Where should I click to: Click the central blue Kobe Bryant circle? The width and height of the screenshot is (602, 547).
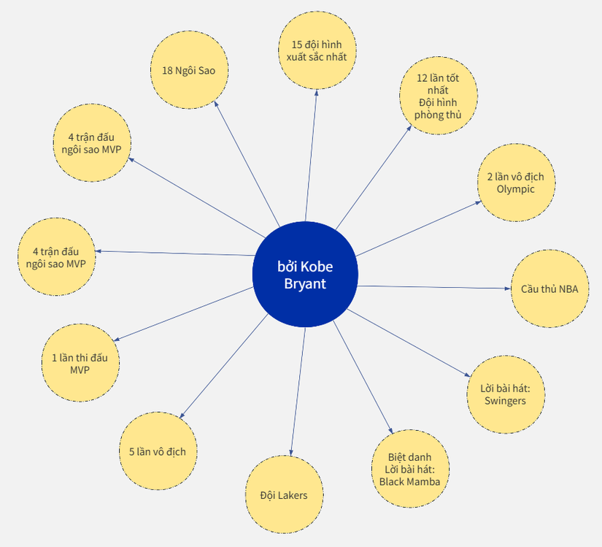[305, 275]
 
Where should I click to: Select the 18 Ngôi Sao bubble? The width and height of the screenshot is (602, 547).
[189, 70]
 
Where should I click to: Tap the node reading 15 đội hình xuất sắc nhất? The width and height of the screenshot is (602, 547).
[317, 50]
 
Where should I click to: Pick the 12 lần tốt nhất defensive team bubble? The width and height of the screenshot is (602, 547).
[439, 96]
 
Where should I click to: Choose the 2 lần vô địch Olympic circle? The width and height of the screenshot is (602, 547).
[517, 183]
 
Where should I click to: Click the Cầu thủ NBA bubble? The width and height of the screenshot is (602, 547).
[549, 288]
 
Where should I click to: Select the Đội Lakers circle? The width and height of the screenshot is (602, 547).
[284, 494]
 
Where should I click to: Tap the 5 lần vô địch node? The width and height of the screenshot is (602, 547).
[158, 451]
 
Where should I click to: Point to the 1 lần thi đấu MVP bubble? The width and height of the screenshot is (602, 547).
[80, 363]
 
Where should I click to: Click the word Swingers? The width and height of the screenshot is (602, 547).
[505, 401]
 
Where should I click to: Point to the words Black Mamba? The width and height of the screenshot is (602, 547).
[409, 481]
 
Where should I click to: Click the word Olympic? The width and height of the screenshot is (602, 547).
[516, 189]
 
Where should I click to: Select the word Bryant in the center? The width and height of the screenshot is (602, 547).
[305, 284]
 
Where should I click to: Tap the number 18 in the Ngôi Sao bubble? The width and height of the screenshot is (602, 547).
[167, 71]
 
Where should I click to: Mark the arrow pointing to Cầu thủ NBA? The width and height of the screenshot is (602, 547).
[434, 287]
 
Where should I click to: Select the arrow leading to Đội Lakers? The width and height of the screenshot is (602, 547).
[298, 391]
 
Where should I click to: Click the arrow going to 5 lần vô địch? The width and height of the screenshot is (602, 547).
[223, 366]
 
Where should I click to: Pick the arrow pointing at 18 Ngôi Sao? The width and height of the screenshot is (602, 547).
[247, 164]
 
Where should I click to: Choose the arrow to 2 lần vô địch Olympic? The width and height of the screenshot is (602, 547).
[419, 229]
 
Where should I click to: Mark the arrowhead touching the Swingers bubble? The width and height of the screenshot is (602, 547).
[467, 375]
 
